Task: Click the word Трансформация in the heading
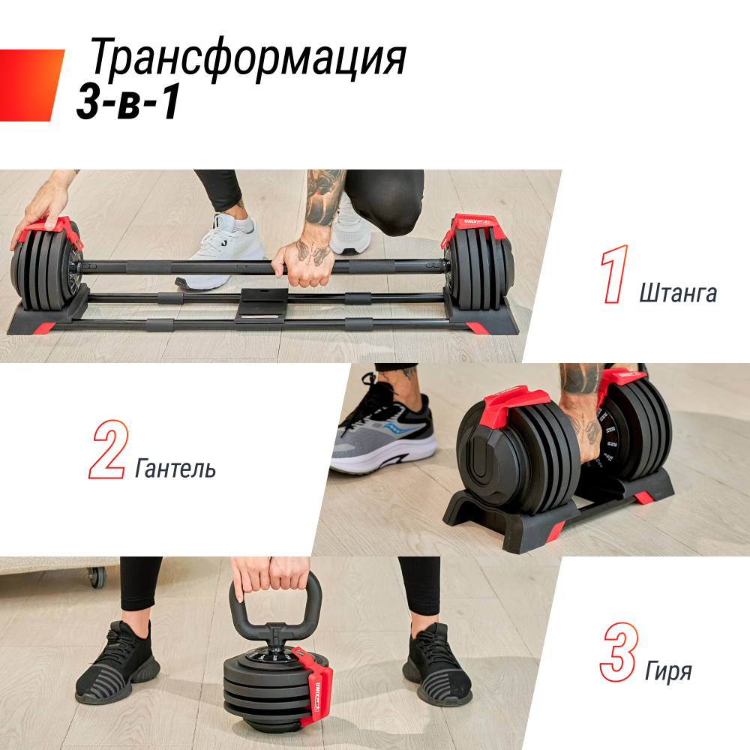247,60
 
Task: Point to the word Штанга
678,293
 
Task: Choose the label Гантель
175,469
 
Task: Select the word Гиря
668,670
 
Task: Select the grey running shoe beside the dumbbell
383,439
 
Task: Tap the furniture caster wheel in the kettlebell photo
96,576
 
